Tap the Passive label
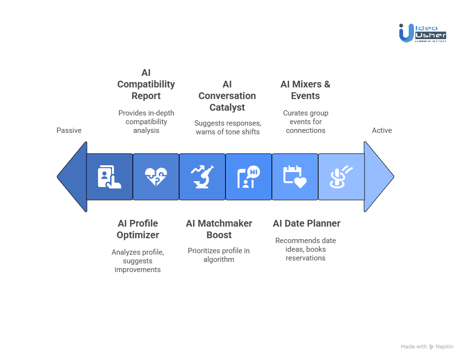tap(69, 130)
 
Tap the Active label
tap(381, 130)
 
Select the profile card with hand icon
tap(109, 177)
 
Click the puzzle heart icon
tap(156, 177)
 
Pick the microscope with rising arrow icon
tap(202, 177)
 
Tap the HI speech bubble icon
tap(249, 177)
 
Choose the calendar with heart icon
tap(295, 177)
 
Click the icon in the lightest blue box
tap(341, 177)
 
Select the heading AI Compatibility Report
tap(146, 84)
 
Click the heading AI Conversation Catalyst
tap(227, 96)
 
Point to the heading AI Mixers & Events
tap(306, 90)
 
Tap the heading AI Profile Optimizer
tap(138, 229)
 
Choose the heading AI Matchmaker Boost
tap(219, 229)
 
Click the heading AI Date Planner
tap(307, 223)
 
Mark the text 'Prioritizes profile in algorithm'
tap(219, 255)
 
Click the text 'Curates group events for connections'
tap(306, 122)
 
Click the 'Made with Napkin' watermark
tap(427, 346)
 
